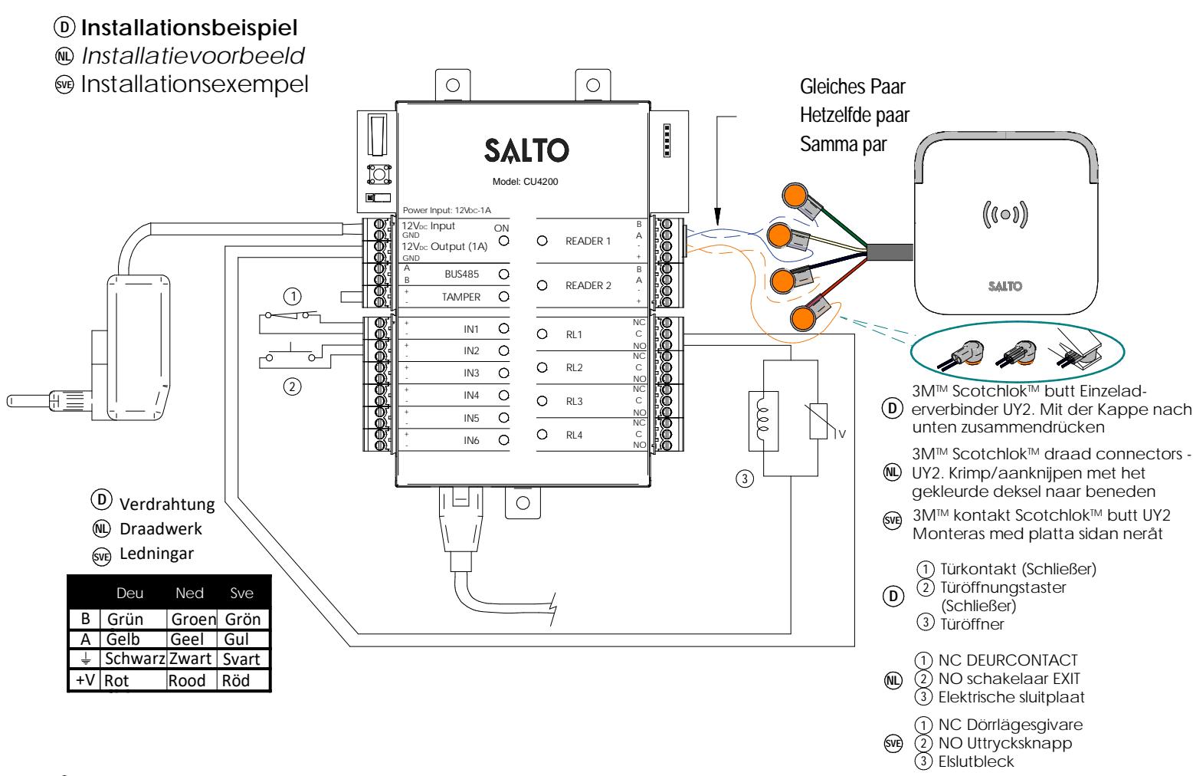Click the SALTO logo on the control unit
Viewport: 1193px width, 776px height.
pos(526,150)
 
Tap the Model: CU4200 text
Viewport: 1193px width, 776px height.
pos(525,182)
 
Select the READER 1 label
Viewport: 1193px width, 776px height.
pos(588,241)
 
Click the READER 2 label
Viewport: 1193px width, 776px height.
pos(588,286)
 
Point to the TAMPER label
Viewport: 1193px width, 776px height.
pos(461,297)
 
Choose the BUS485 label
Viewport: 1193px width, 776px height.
pos(462,274)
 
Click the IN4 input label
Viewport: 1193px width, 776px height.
pos(471,396)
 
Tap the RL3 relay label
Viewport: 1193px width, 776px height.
pos(574,401)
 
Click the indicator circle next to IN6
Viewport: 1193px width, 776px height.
pos(504,440)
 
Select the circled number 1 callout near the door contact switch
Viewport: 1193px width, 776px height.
pos(293,296)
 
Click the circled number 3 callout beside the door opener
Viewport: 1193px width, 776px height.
pos(745,478)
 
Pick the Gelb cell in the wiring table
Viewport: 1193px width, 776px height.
pos(123,639)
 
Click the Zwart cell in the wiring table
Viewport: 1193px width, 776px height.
pos(190,659)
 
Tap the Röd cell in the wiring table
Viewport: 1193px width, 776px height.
pos(236,681)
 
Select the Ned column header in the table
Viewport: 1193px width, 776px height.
pos(189,594)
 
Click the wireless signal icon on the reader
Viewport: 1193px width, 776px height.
pos(1005,215)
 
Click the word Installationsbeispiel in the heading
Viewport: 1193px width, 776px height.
pos(189,28)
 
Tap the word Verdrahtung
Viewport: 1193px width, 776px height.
pos(167,505)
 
